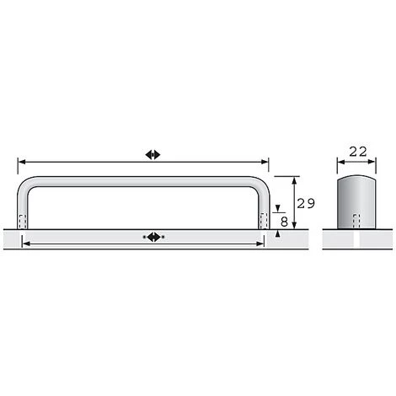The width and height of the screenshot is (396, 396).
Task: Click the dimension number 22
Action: pos(358,152)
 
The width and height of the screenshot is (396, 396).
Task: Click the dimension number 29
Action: pos(306,203)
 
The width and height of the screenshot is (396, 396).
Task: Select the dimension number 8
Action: pos(284,222)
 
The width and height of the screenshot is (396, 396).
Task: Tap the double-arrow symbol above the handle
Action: pos(153,155)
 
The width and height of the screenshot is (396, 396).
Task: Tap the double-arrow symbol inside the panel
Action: pos(153,237)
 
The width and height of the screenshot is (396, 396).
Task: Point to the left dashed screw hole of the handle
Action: pos(23,222)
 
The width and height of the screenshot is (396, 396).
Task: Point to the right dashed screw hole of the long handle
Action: pos(264,221)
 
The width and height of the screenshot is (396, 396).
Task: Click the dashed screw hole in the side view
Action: pos(356,222)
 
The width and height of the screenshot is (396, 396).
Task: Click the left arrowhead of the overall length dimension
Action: pos(22,162)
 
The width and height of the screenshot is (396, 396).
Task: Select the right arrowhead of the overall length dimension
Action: pos(265,162)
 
